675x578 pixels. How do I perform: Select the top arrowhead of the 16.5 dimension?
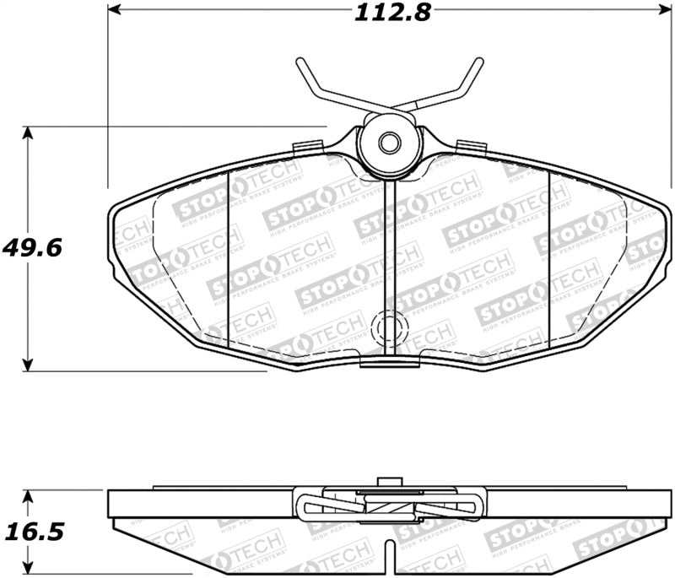30,494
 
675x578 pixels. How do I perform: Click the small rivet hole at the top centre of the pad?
389,143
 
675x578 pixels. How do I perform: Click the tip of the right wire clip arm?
479,62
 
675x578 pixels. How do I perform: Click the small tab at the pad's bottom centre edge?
389,361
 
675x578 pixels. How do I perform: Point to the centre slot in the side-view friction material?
389,557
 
